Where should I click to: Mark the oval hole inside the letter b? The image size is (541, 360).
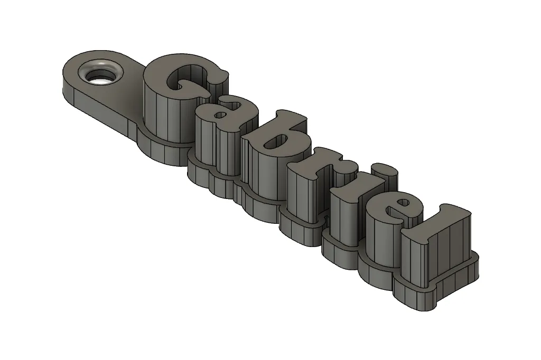coord(277,141)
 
